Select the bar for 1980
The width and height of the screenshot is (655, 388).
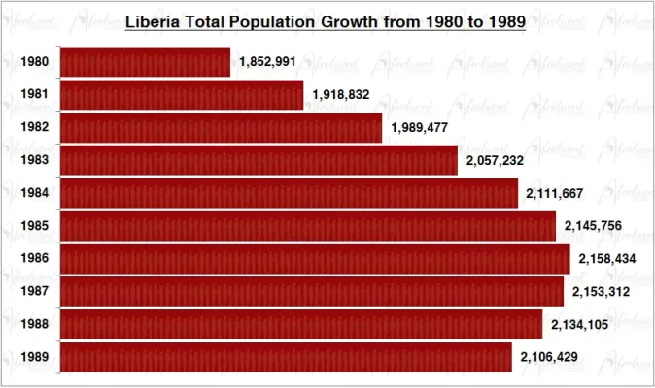(145, 62)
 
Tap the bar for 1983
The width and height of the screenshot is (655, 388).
(259, 160)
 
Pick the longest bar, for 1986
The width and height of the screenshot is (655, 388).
(315, 259)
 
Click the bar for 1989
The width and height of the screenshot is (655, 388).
(286, 357)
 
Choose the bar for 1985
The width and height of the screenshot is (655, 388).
(308, 226)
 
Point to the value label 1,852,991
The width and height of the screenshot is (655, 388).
(267, 62)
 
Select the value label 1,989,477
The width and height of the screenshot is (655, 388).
(420, 127)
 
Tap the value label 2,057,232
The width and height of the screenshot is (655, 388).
(495, 160)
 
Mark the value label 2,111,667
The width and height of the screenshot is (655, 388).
(555, 193)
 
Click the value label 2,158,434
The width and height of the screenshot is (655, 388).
(607, 259)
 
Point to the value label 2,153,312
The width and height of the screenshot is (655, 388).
(601, 291)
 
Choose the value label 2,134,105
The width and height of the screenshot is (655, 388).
(579, 324)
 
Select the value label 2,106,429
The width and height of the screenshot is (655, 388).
(549, 357)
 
